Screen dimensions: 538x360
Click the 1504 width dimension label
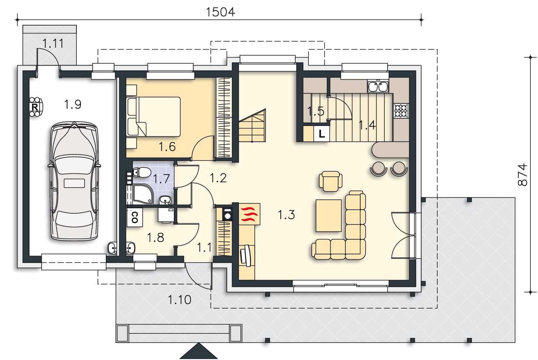(x=220, y=12)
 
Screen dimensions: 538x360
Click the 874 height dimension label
(x=522, y=175)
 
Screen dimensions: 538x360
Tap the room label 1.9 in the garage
(x=73, y=104)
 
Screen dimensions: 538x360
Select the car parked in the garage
(x=74, y=181)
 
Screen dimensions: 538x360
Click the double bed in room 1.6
(x=153, y=117)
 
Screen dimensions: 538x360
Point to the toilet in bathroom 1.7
(x=142, y=172)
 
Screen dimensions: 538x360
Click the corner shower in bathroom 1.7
(x=143, y=194)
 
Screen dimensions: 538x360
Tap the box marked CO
(x=135, y=217)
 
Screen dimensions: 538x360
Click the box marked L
(x=322, y=134)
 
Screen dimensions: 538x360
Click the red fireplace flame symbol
(x=249, y=214)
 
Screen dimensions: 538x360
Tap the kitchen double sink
(x=378, y=86)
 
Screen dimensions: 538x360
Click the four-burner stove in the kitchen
(x=401, y=111)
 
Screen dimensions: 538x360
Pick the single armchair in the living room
(x=330, y=181)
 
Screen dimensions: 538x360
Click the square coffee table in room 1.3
(x=329, y=216)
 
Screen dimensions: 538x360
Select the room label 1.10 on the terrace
(x=180, y=300)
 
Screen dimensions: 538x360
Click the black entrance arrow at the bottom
(x=199, y=351)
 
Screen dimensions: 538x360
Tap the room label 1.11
(x=53, y=44)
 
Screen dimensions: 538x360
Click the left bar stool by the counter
(x=379, y=168)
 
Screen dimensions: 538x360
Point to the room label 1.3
(x=286, y=215)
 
